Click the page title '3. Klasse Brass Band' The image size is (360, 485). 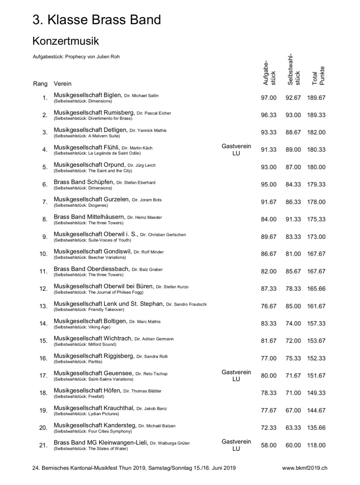(97, 20)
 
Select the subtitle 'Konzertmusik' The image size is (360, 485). (66, 41)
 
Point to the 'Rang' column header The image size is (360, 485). (40, 83)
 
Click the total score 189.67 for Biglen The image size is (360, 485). (316, 98)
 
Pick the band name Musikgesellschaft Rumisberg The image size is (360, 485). (94, 113)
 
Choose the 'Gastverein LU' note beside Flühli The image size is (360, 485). (236, 150)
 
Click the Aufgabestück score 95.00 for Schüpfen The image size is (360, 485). (269, 185)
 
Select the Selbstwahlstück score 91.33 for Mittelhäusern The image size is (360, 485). (293, 219)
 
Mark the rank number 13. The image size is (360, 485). (44, 306)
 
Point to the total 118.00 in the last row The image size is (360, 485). (316, 445)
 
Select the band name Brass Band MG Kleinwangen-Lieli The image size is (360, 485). (100, 443)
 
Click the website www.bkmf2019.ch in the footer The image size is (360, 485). (305, 468)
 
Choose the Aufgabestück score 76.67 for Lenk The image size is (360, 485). (269, 306)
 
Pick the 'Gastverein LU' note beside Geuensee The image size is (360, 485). (236, 375)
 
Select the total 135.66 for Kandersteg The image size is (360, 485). (316, 428)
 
